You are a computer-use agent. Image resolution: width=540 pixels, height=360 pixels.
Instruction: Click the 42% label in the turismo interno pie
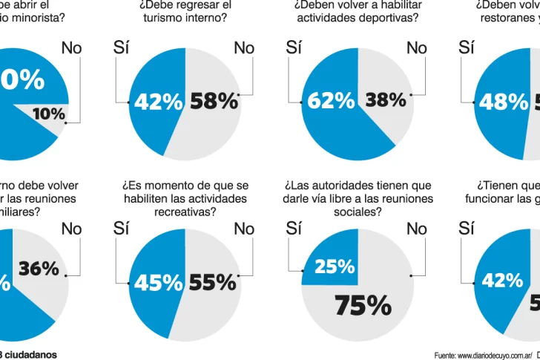(x=158, y=102)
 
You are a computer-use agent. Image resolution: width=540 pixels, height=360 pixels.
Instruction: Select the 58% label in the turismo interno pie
(x=214, y=102)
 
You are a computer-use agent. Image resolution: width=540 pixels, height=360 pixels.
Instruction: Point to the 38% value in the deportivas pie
(x=386, y=99)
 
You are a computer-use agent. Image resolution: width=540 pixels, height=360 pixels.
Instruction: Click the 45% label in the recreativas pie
(x=158, y=282)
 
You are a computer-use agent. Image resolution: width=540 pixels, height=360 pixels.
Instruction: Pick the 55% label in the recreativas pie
(x=212, y=282)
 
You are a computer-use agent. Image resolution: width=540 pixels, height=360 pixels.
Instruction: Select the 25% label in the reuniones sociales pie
(x=335, y=266)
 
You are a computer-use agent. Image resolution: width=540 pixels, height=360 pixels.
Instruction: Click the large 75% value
(x=362, y=304)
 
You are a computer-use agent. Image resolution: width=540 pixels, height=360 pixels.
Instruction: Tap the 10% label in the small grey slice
(x=49, y=114)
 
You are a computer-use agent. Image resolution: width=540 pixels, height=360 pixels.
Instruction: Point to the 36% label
(x=39, y=269)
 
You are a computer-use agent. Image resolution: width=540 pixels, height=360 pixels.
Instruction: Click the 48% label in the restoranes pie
(x=504, y=102)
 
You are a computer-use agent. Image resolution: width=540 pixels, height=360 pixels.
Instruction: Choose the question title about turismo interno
(x=185, y=11)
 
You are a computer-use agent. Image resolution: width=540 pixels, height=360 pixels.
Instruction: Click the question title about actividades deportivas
(x=358, y=11)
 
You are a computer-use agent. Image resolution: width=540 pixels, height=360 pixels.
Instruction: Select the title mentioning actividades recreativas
(x=185, y=198)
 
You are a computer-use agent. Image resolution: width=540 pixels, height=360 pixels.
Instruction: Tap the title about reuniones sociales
(x=358, y=198)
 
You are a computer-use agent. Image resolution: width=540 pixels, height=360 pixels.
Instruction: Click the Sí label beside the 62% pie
(x=294, y=48)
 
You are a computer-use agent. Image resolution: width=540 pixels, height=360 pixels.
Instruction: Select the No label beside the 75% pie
(x=417, y=229)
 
